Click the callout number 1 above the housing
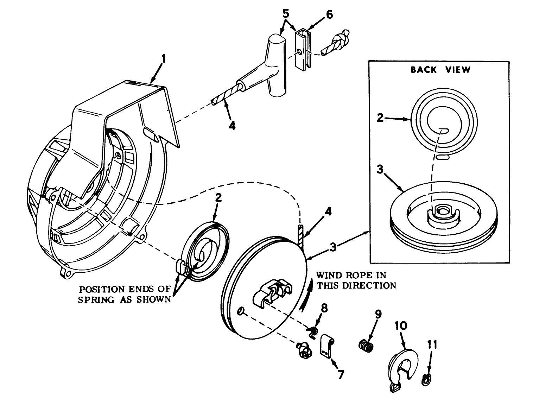[163, 58]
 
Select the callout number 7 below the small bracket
[340, 374]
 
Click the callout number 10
[401, 325]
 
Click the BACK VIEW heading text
[440, 70]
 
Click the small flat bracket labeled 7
[327, 347]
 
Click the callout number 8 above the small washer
[324, 309]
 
